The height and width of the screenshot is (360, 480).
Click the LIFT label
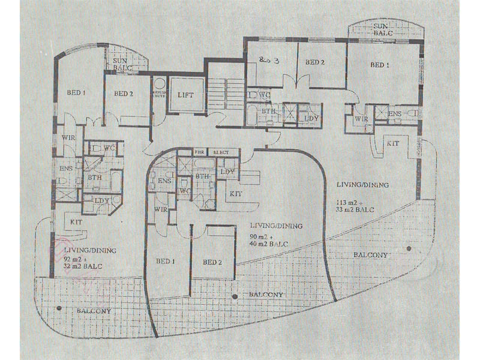point(185,94)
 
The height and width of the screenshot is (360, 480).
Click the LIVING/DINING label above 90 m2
point(276,226)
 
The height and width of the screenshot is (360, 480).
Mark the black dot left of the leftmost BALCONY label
point(59,308)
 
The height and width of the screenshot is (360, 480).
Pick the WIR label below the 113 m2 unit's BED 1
point(361,119)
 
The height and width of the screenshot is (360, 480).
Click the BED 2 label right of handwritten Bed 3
point(314,62)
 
